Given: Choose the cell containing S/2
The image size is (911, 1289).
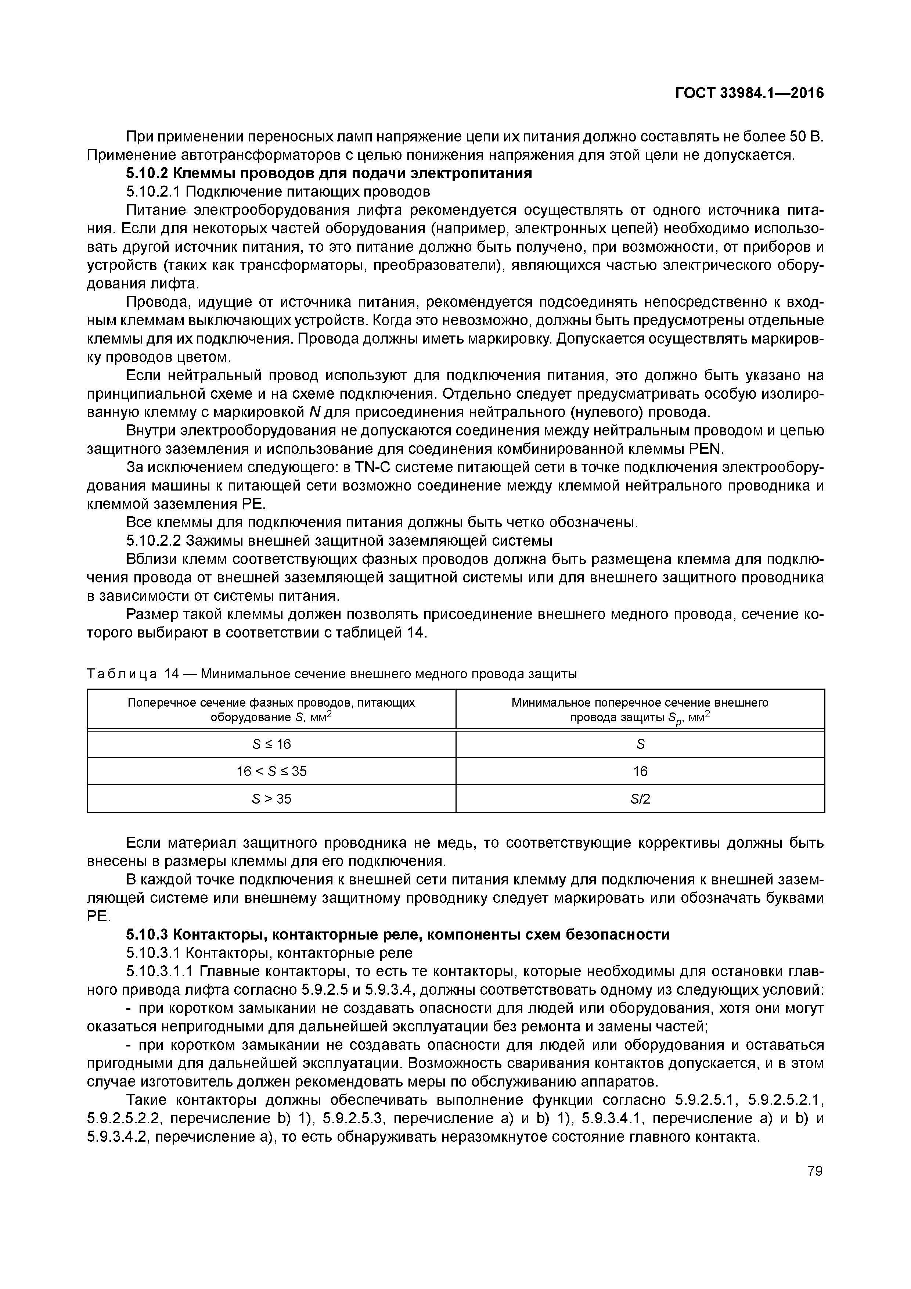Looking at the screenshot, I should [640, 798].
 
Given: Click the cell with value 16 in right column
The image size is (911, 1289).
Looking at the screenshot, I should [640, 771].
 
